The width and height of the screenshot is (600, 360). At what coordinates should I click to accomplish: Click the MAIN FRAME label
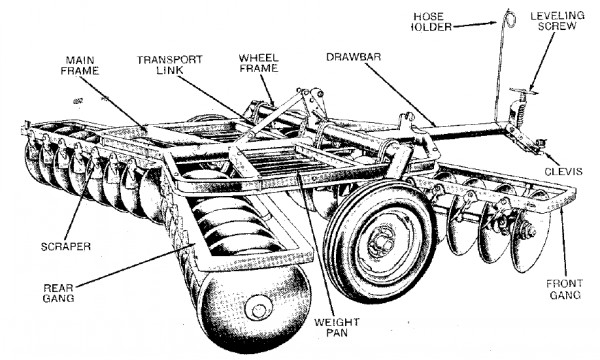(x=80, y=66)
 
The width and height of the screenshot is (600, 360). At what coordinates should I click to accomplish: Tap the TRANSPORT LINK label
(x=170, y=65)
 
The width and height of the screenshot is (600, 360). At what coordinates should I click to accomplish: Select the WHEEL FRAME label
(x=258, y=63)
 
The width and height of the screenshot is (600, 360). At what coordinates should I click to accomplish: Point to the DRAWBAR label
(x=354, y=57)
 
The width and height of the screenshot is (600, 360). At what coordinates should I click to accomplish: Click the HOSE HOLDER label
(x=429, y=22)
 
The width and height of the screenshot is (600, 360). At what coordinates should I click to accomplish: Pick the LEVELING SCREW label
(x=557, y=21)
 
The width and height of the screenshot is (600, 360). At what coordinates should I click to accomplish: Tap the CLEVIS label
(x=563, y=172)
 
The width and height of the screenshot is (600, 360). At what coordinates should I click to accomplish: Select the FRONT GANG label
(x=564, y=289)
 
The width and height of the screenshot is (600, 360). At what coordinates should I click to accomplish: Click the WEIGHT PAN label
(x=337, y=327)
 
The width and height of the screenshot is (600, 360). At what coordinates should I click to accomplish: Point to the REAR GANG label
(x=58, y=293)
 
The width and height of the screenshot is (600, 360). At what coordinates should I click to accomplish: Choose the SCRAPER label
(x=66, y=246)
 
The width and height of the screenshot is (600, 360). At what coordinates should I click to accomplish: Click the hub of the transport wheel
(x=381, y=241)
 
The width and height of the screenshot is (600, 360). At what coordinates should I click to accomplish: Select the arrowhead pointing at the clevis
(x=544, y=154)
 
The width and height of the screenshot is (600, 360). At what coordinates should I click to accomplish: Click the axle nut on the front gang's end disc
(x=531, y=231)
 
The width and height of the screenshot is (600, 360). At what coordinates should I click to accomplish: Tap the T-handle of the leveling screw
(x=523, y=91)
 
